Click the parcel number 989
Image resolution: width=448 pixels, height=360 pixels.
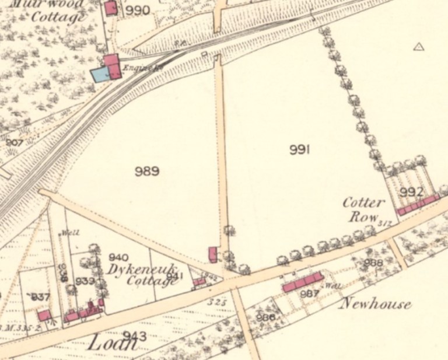147,171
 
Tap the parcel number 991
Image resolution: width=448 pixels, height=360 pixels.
299,151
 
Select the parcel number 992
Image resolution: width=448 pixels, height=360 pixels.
411,191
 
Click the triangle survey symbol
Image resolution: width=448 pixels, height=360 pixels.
418,47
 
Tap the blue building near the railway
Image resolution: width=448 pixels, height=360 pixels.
100,74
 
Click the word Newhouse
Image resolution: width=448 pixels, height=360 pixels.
375,303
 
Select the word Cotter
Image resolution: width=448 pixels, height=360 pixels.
363,203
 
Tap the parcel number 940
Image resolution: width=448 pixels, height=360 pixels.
118,257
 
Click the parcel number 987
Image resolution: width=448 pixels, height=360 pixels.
309,293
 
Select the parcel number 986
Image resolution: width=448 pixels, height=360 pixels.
265,317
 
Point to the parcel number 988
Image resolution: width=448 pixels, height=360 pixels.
373,263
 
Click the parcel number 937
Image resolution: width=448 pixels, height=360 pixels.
40,297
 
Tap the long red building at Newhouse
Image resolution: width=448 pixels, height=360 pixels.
303,282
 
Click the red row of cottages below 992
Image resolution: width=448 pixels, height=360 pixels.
417,205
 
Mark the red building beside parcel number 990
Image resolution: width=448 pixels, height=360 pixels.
110,8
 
